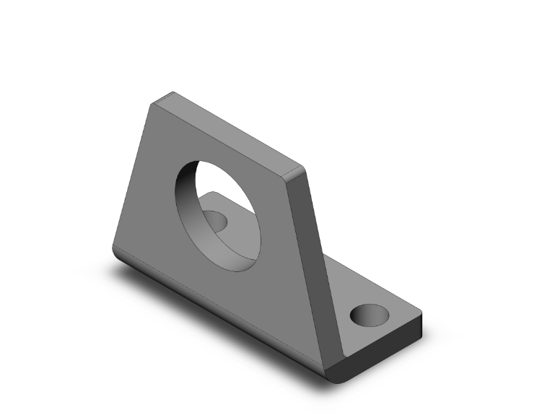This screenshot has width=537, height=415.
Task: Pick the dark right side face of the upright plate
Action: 318,253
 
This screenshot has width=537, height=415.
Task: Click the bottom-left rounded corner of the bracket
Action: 115,249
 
